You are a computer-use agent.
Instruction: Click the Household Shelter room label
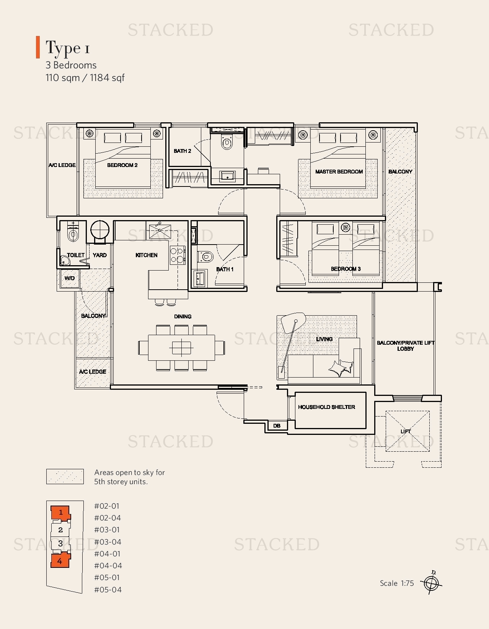point(326,407)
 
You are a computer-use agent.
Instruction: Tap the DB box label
point(277,426)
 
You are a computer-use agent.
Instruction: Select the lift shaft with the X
point(407,431)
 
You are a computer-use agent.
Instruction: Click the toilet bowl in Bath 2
point(227,143)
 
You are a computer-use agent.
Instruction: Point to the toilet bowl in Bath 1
point(207,256)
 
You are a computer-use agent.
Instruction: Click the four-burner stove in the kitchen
point(177,255)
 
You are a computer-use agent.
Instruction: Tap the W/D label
point(70,278)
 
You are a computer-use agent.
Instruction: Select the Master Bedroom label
point(339,172)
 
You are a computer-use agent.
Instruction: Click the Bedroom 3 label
point(346,269)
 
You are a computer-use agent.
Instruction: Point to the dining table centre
point(181,347)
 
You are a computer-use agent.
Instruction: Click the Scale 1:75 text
point(397,583)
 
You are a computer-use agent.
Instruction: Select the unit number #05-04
point(108,590)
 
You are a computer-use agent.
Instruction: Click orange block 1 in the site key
point(60,512)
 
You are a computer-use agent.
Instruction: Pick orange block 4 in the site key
point(60,561)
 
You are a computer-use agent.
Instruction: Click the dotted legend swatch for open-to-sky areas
point(65,477)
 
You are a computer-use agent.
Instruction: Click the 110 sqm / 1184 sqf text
point(85,78)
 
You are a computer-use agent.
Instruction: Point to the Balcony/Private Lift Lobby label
point(405,345)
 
